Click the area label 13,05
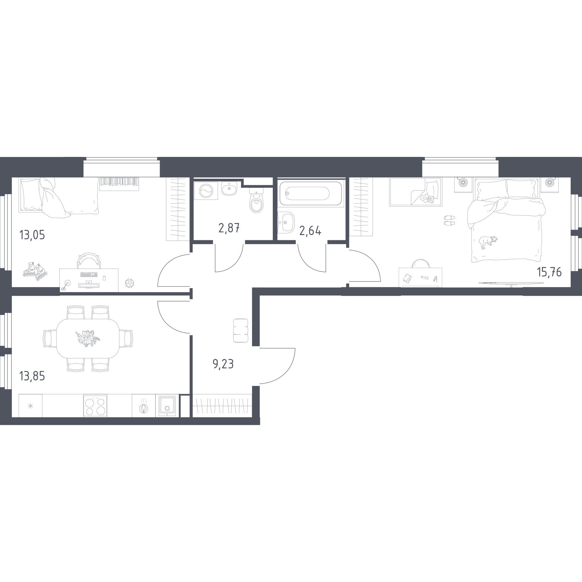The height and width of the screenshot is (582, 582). (32, 235)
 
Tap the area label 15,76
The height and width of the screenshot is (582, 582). (549, 272)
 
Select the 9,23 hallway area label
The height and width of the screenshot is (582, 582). (223, 364)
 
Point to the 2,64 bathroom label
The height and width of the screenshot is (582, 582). (310, 231)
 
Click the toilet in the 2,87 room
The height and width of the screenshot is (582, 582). (256, 200)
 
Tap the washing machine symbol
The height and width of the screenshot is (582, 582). (206, 191)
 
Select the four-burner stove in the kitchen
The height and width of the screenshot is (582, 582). (95, 406)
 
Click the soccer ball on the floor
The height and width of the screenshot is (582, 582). (129, 283)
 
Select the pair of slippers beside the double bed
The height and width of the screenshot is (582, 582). (450, 220)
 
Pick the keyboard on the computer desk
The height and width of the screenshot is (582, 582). (89, 275)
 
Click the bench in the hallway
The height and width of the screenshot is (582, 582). (241, 331)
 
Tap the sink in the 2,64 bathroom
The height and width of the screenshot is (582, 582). (286, 223)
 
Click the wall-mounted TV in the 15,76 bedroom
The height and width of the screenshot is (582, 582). (511, 283)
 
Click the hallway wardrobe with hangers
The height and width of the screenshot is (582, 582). (222, 406)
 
